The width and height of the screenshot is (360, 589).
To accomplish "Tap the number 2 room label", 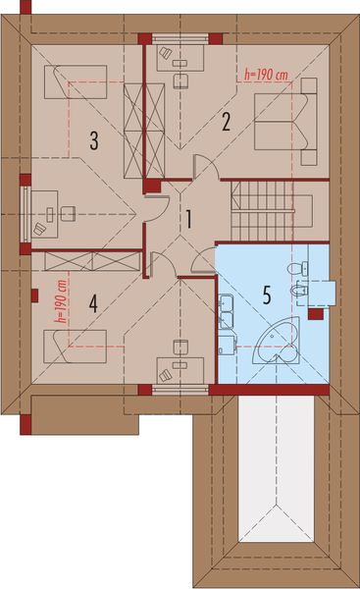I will click(226, 123).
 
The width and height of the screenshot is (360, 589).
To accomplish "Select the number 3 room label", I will click(93, 141).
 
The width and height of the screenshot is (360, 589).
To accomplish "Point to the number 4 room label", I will click(93, 303).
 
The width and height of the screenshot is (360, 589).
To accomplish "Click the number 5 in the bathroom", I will click(265, 293).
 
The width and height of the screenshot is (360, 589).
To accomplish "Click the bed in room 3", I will click(74, 81).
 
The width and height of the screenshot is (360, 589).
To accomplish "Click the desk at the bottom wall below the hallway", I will click(181, 370).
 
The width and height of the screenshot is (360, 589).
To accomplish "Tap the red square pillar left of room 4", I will click(35, 293).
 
